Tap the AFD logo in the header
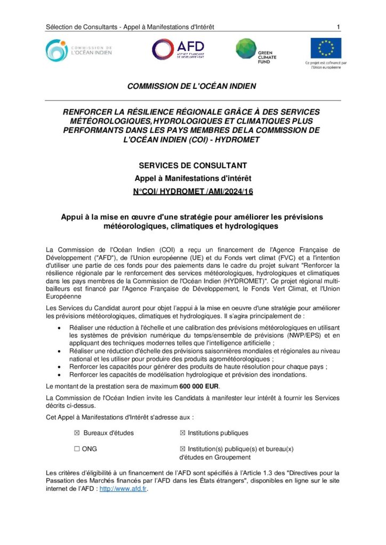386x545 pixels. tap(178, 49)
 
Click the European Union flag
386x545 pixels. tap(326, 48)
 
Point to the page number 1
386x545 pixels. tap(339, 27)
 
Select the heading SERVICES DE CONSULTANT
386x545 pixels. tap(193, 166)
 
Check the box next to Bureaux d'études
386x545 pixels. tap(77, 433)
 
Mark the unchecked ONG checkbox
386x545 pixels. tap(77, 449)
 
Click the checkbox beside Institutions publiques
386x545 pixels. tap(183, 433)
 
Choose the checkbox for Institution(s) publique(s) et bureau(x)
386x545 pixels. tap(183, 449)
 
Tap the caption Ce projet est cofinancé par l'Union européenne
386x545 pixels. tap(326, 65)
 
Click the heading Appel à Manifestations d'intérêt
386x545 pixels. tap(193, 178)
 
